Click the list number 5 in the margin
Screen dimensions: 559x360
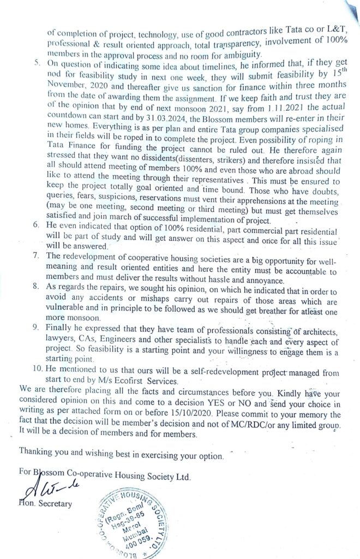(35, 63)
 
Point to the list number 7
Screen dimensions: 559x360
(37, 255)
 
